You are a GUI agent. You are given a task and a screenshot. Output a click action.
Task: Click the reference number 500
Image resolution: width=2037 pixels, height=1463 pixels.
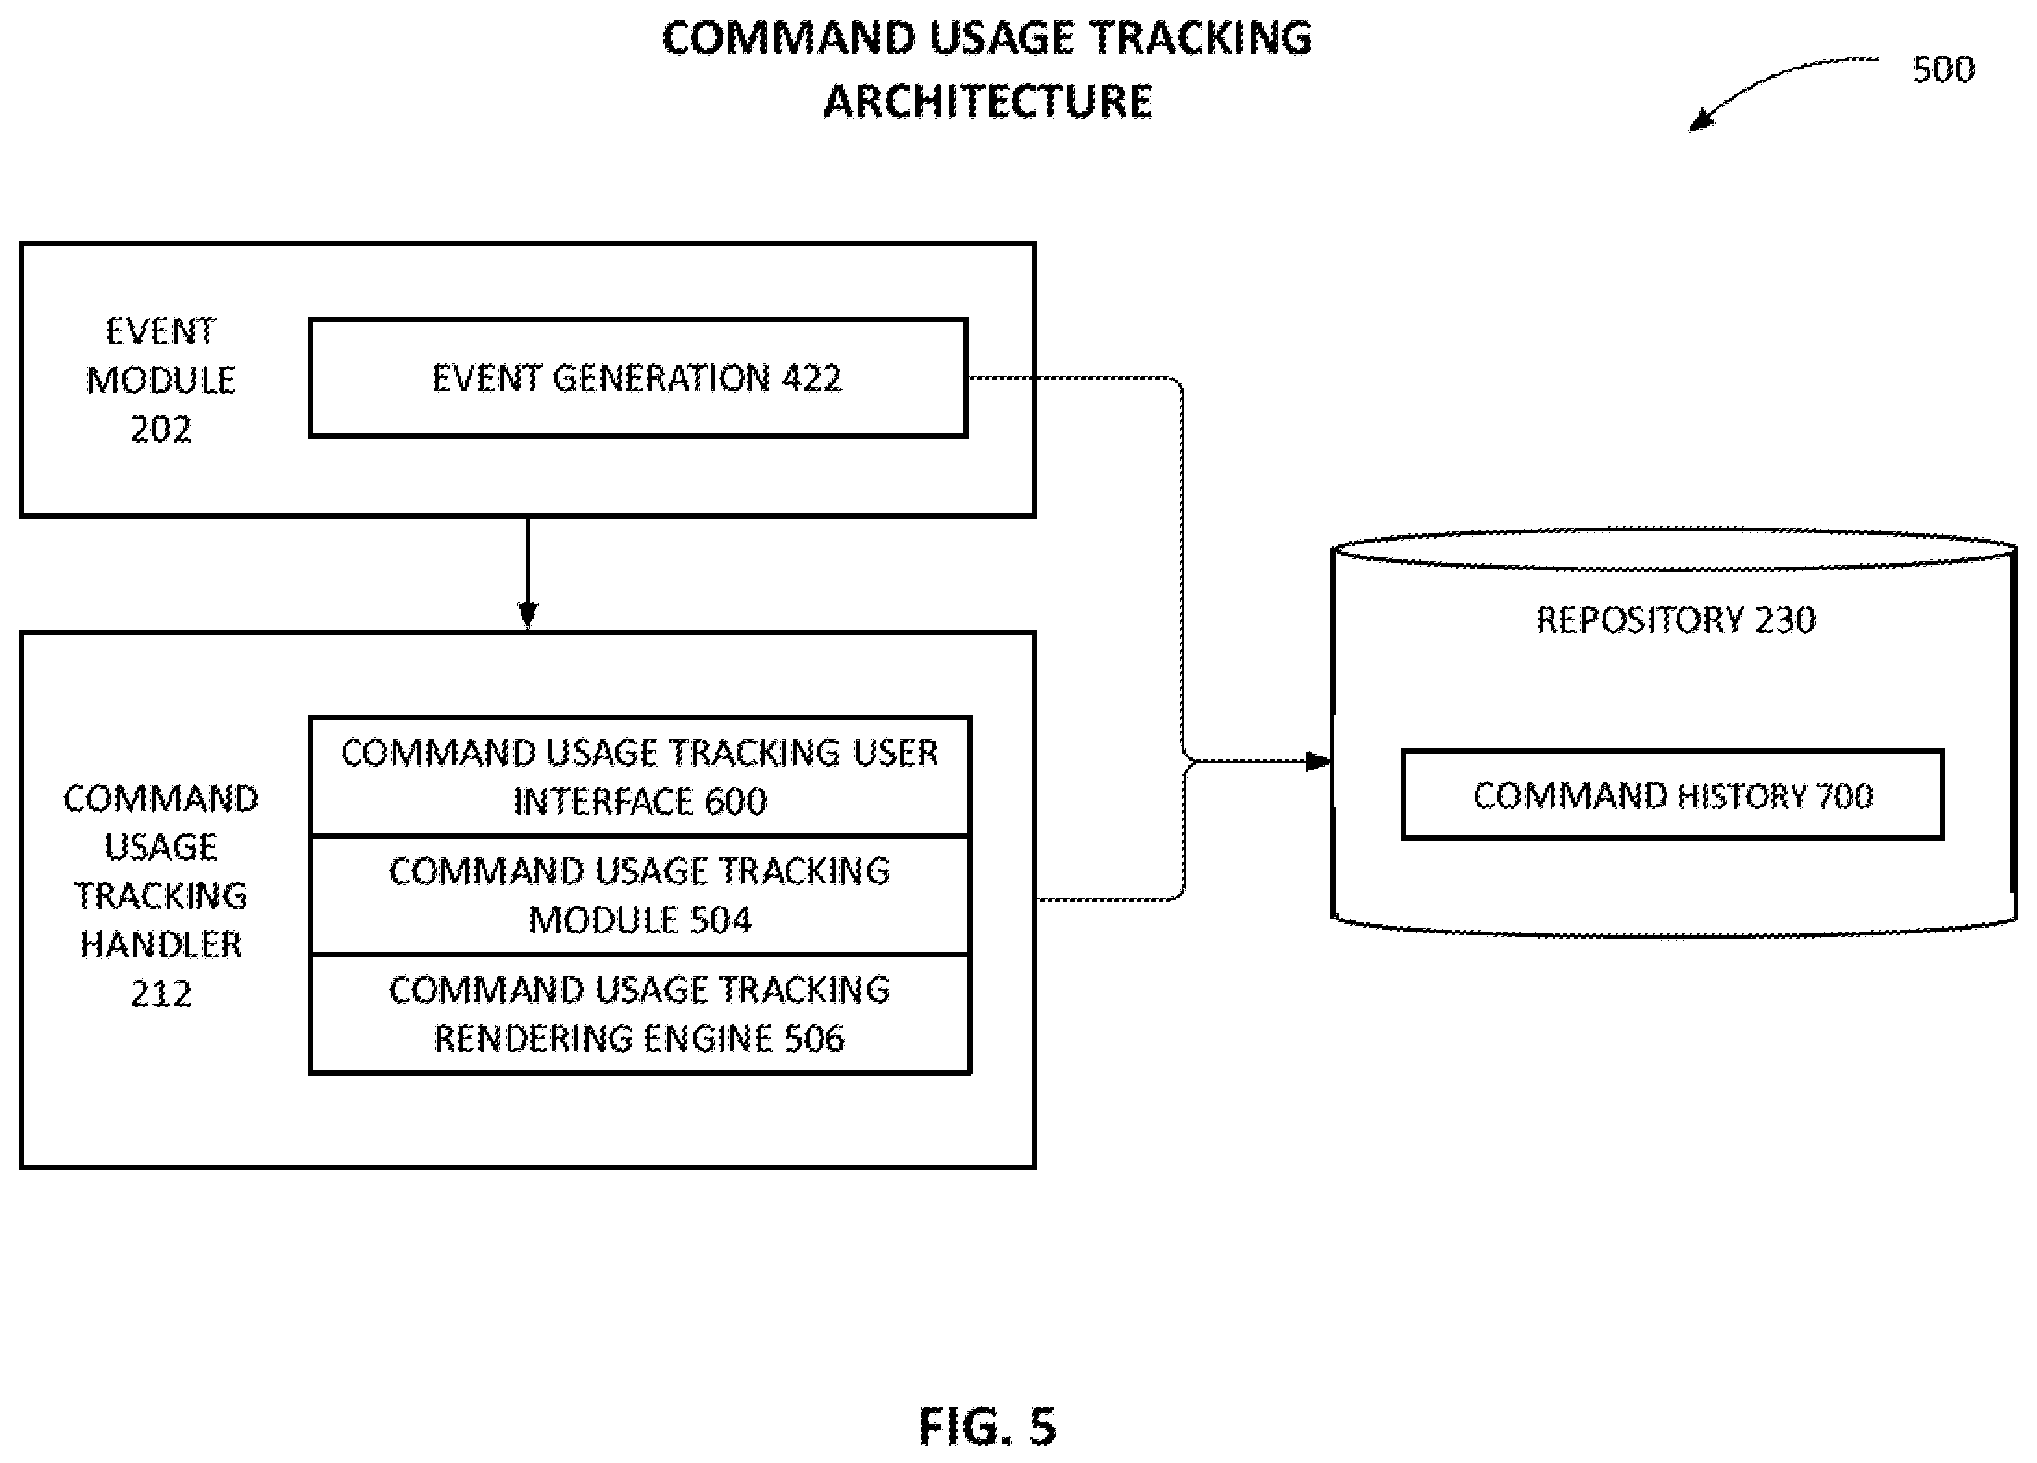1943,69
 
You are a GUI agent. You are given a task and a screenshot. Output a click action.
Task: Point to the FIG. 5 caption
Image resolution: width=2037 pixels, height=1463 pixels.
987,1427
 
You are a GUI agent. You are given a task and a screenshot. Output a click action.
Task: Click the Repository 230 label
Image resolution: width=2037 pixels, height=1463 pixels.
1676,619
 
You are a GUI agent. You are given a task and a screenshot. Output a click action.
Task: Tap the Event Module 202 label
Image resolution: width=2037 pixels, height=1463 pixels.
161,380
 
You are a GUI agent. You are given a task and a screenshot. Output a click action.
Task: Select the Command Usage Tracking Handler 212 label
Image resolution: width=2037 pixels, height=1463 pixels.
161,895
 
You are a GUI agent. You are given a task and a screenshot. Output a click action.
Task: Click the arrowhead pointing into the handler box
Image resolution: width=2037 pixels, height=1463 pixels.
528,616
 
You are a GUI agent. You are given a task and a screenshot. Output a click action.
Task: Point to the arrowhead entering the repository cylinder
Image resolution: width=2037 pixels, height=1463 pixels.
1318,762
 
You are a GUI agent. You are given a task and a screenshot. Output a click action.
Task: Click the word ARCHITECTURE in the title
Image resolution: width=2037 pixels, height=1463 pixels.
987,101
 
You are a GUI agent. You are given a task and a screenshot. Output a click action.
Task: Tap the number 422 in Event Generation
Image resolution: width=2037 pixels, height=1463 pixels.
811,378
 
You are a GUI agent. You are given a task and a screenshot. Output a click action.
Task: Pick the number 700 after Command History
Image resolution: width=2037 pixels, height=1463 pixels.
1845,796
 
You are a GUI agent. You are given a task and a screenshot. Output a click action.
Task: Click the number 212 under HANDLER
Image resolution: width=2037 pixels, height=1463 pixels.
161,994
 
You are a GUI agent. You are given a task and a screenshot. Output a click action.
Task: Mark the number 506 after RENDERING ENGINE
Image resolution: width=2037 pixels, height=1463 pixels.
814,1039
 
